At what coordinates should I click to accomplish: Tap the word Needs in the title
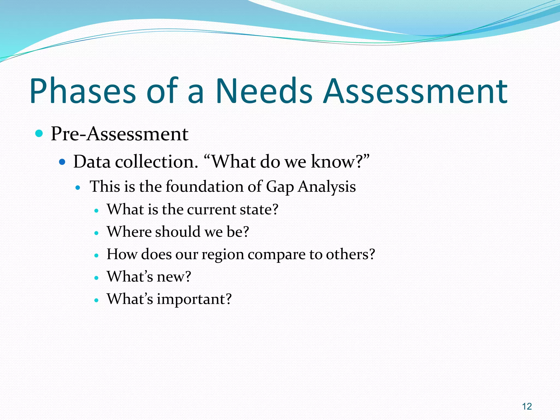(x=264, y=91)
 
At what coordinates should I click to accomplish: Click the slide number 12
(x=527, y=407)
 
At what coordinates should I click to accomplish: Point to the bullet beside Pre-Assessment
(x=39, y=134)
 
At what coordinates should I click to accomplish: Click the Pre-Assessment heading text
(x=119, y=134)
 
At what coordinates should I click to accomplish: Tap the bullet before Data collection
(x=62, y=162)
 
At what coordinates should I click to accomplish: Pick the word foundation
(x=204, y=187)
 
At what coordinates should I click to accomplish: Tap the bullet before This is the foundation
(x=78, y=188)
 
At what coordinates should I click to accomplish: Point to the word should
(x=178, y=232)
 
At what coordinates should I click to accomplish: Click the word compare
(x=276, y=255)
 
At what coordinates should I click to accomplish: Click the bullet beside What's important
(x=96, y=300)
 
